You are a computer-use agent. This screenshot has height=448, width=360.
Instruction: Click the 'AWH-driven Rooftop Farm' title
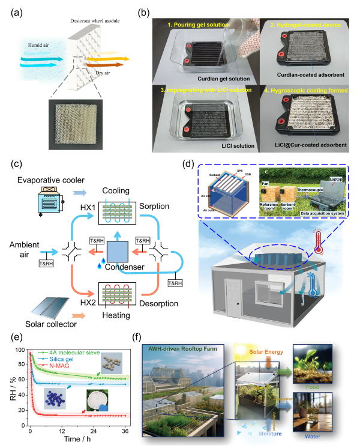[x=178, y=348]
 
